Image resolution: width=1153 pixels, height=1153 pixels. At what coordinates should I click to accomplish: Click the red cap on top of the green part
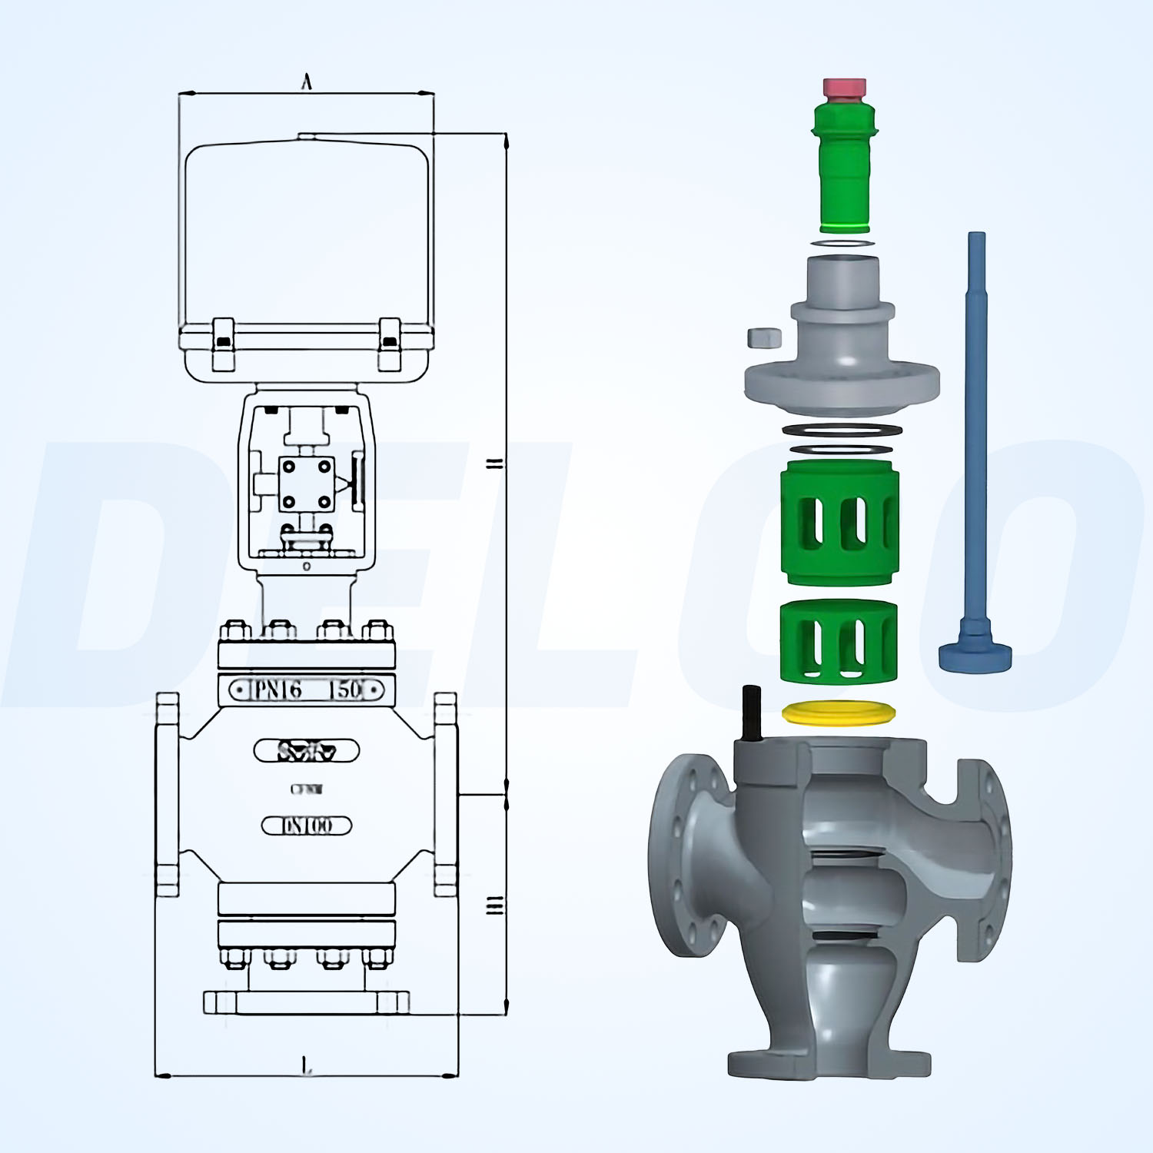(x=844, y=88)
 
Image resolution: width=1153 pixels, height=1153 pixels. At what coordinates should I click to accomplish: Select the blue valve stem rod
(x=975, y=430)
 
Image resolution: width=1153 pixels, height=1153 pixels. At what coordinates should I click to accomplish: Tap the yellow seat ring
(x=839, y=713)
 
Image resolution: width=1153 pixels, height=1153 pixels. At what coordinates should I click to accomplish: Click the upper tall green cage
(x=839, y=523)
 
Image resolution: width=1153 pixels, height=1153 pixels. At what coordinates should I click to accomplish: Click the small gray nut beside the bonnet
(x=764, y=337)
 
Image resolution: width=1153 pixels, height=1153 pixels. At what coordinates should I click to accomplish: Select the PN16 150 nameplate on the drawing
(x=307, y=689)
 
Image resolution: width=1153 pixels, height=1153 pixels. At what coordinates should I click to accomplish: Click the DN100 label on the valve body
(x=307, y=826)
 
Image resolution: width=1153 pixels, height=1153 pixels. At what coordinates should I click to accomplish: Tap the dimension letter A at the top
(x=307, y=81)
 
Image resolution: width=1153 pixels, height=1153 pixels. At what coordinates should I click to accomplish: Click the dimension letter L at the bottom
(x=306, y=1065)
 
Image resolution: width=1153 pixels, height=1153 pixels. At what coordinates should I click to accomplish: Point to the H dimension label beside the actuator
(x=495, y=464)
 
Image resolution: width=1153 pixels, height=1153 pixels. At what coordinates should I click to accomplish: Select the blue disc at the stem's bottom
(x=975, y=656)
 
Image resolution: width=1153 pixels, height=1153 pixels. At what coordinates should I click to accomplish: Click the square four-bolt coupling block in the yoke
(x=307, y=483)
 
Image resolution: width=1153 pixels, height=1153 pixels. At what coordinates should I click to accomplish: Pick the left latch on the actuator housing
(x=223, y=344)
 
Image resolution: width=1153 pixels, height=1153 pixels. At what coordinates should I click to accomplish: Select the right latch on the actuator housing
(x=390, y=344)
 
